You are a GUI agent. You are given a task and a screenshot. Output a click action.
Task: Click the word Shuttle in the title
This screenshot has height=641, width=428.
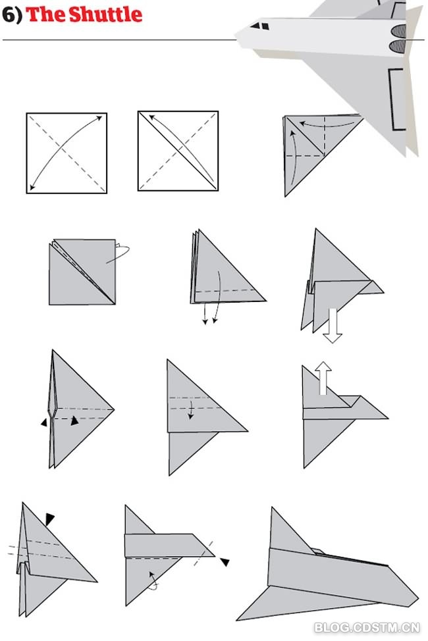(x=105, y=14)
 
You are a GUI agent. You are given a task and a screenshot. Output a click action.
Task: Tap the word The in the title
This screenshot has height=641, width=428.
(x=46, y=14)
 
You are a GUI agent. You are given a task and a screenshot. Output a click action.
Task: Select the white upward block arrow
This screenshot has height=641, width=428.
(x=323, y=378)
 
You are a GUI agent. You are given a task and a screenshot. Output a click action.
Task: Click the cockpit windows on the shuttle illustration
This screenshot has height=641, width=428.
(x=260, y=26)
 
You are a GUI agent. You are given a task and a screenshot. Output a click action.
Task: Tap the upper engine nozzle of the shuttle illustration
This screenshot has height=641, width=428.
(x=398, y=31)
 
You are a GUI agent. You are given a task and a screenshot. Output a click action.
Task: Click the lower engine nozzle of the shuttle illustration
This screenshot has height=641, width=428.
(x=397, y=46)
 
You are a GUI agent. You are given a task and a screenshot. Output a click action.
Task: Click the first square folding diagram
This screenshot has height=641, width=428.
(x=67, y=153)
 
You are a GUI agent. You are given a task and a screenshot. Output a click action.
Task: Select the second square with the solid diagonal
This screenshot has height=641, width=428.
(x=178, y=151)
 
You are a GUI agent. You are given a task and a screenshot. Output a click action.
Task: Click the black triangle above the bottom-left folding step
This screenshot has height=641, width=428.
(x=49, y=519)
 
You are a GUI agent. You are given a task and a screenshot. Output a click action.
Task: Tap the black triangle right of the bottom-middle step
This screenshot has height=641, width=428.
(x=225, y=561)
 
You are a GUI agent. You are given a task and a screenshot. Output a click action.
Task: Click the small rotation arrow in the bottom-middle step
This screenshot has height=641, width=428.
(x=153, y=580)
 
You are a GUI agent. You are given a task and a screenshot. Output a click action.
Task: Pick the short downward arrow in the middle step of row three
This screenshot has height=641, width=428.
(x=191, y=410)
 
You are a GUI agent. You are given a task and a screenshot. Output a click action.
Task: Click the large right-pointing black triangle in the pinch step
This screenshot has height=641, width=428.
(x=74, y=421)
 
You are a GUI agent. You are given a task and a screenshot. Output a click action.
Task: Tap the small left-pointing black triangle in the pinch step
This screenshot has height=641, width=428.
(x=43, y=423)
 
